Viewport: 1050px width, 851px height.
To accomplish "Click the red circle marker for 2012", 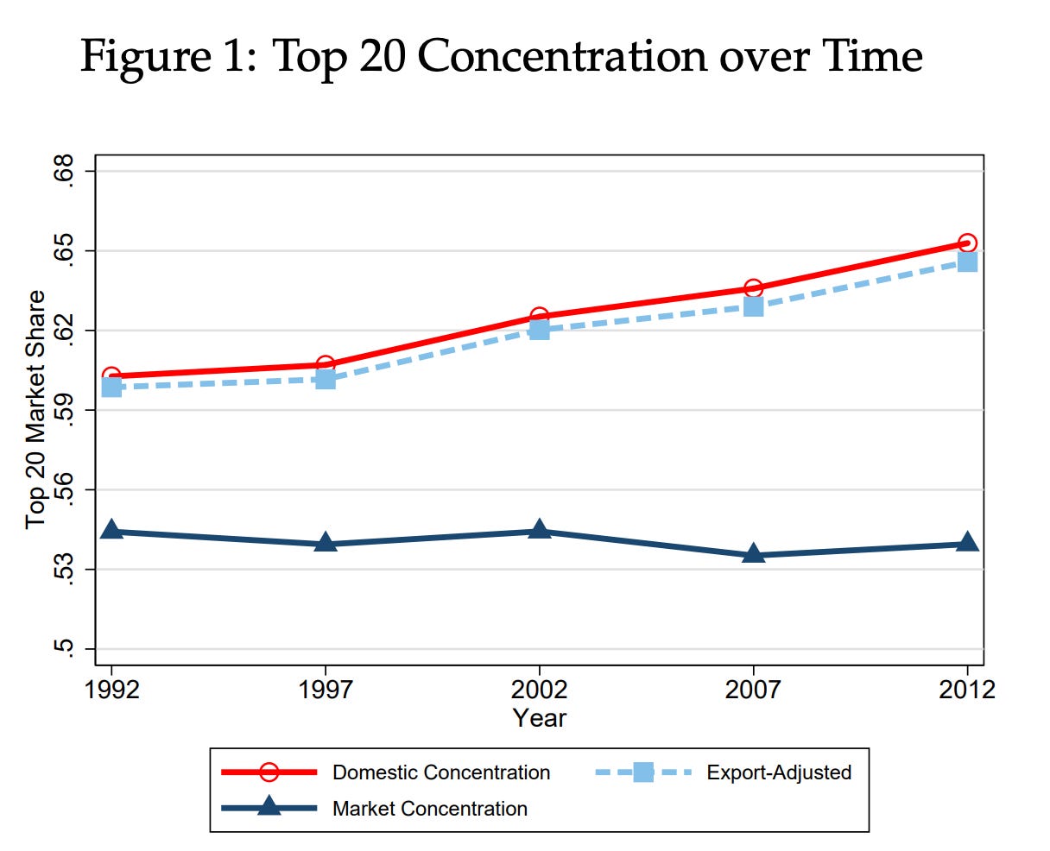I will [967, 243].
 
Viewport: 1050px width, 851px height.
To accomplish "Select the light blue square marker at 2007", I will [753, 306].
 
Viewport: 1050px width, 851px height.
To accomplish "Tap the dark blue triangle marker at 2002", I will [539, 529].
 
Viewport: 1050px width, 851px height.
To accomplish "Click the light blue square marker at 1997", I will [326, 379].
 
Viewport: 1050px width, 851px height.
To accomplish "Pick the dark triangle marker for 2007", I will [753, 553].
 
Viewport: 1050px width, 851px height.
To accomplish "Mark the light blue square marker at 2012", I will [967, 262].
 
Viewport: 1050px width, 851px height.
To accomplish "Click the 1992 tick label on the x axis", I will [111, 690].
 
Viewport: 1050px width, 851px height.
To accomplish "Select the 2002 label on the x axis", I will [539, 690].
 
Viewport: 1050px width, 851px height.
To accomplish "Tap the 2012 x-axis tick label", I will [967, 690].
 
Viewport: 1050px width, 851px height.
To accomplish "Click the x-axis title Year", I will [539, 718].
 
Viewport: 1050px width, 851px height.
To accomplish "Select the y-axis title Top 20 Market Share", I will [35, 410].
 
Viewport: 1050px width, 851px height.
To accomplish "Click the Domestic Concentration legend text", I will [441, 772].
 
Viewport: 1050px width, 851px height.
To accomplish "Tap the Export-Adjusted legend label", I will [779, 772].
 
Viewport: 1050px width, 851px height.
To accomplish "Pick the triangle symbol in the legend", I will [269, 807].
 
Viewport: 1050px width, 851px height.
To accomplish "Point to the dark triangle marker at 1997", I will [326, 542].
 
